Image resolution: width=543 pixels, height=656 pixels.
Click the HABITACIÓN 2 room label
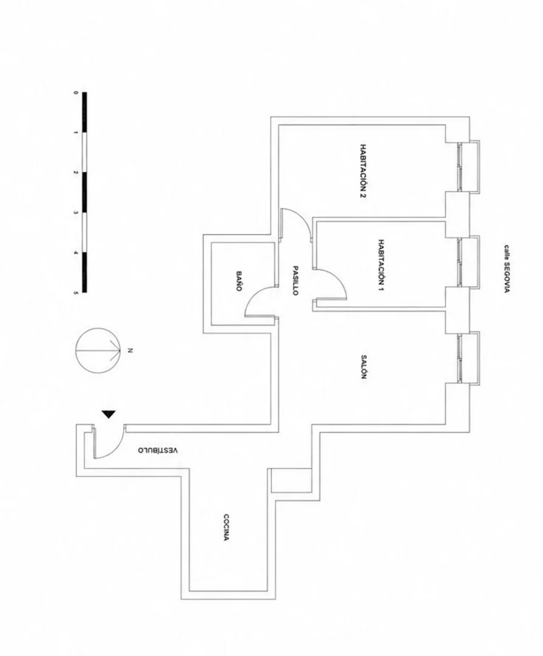tap(364, 171)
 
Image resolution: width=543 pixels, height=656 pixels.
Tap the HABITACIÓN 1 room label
tap(381, 265)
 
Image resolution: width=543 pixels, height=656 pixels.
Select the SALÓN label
tap(364, 367)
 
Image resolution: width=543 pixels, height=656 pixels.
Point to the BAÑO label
tap(239, 281)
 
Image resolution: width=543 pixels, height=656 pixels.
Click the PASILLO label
tap(295, 281)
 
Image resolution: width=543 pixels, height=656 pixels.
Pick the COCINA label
tap(225, 527)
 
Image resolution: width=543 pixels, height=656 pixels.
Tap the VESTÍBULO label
tap(158, 450)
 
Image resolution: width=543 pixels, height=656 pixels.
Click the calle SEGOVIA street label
tap(507, 268)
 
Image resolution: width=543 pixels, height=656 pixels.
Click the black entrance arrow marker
tap(109, 414)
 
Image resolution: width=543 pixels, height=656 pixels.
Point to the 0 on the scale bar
tap(76, 92)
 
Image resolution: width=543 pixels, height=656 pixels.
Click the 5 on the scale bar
tap(76, 293)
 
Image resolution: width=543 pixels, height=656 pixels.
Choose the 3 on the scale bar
tap(76, 213)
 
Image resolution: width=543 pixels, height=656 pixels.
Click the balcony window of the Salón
tap(469, 358)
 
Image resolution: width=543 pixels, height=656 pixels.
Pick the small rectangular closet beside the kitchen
tap(292, 480)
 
